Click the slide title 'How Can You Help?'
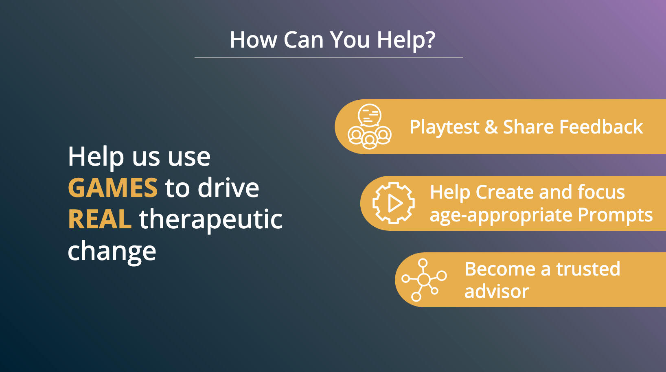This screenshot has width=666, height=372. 333,40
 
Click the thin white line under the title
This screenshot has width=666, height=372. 329,58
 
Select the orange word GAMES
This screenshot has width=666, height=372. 113,188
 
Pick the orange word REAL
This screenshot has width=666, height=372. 100,219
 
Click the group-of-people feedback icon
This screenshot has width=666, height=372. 370,127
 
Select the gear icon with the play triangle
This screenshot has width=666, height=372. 394,203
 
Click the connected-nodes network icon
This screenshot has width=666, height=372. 424,280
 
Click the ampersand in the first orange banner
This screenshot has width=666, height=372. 491,127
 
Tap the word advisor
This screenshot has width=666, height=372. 497,291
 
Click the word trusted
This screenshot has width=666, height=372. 588,269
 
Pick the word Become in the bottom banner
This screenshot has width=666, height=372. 500,269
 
